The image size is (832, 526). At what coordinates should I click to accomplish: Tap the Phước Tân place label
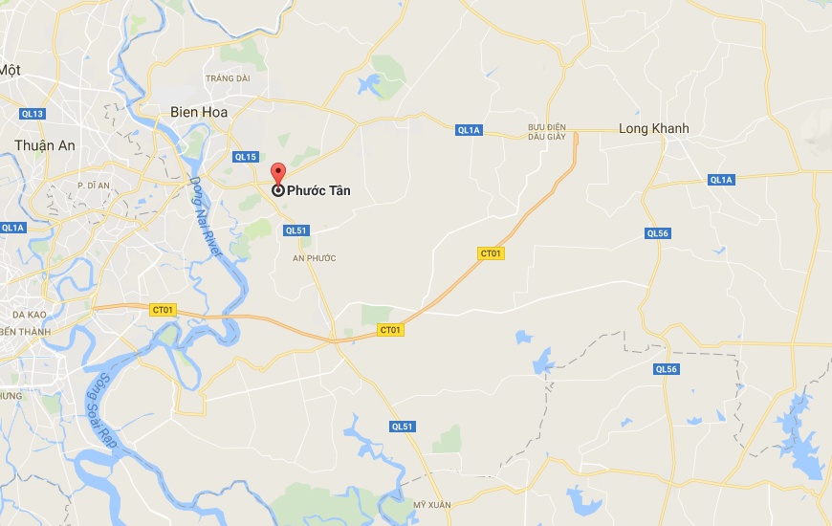coord(319,190)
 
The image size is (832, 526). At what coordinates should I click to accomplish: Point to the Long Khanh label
coord(654,129)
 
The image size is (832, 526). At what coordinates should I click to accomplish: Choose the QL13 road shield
coord(33,114)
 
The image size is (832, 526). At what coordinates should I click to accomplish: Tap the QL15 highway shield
coord(246,157)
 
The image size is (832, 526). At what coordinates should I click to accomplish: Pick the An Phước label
coord(315,258)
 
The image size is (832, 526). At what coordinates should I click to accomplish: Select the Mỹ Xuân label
coord(431,504)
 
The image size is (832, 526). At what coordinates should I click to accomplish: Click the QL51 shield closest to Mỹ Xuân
coord(403,427)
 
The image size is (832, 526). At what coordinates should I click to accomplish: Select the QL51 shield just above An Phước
coord(295,230)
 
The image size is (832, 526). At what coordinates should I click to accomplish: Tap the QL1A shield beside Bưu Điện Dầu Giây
coord(469,130)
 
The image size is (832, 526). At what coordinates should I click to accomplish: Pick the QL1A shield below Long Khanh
coord(721,180)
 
